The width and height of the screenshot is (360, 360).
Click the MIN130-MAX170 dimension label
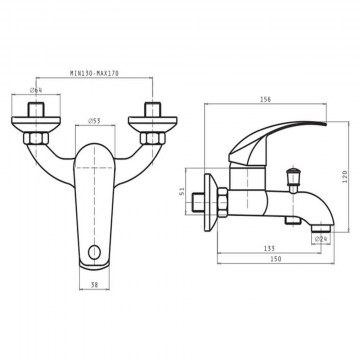pos(94,73)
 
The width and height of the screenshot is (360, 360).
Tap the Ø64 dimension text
pos(35,90)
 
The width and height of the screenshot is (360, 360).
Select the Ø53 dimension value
pos(94,121)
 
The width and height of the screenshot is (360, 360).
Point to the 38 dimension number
pos(94,285)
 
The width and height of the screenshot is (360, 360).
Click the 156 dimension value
pos(266,99)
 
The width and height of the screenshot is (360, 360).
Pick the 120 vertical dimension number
pos(345,176)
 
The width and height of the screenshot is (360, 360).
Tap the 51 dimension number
pos(182,191)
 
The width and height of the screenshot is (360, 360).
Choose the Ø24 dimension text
pos(321,239)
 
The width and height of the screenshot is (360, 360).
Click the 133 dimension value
pos(269,248)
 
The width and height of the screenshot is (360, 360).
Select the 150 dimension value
pos(276,259)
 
